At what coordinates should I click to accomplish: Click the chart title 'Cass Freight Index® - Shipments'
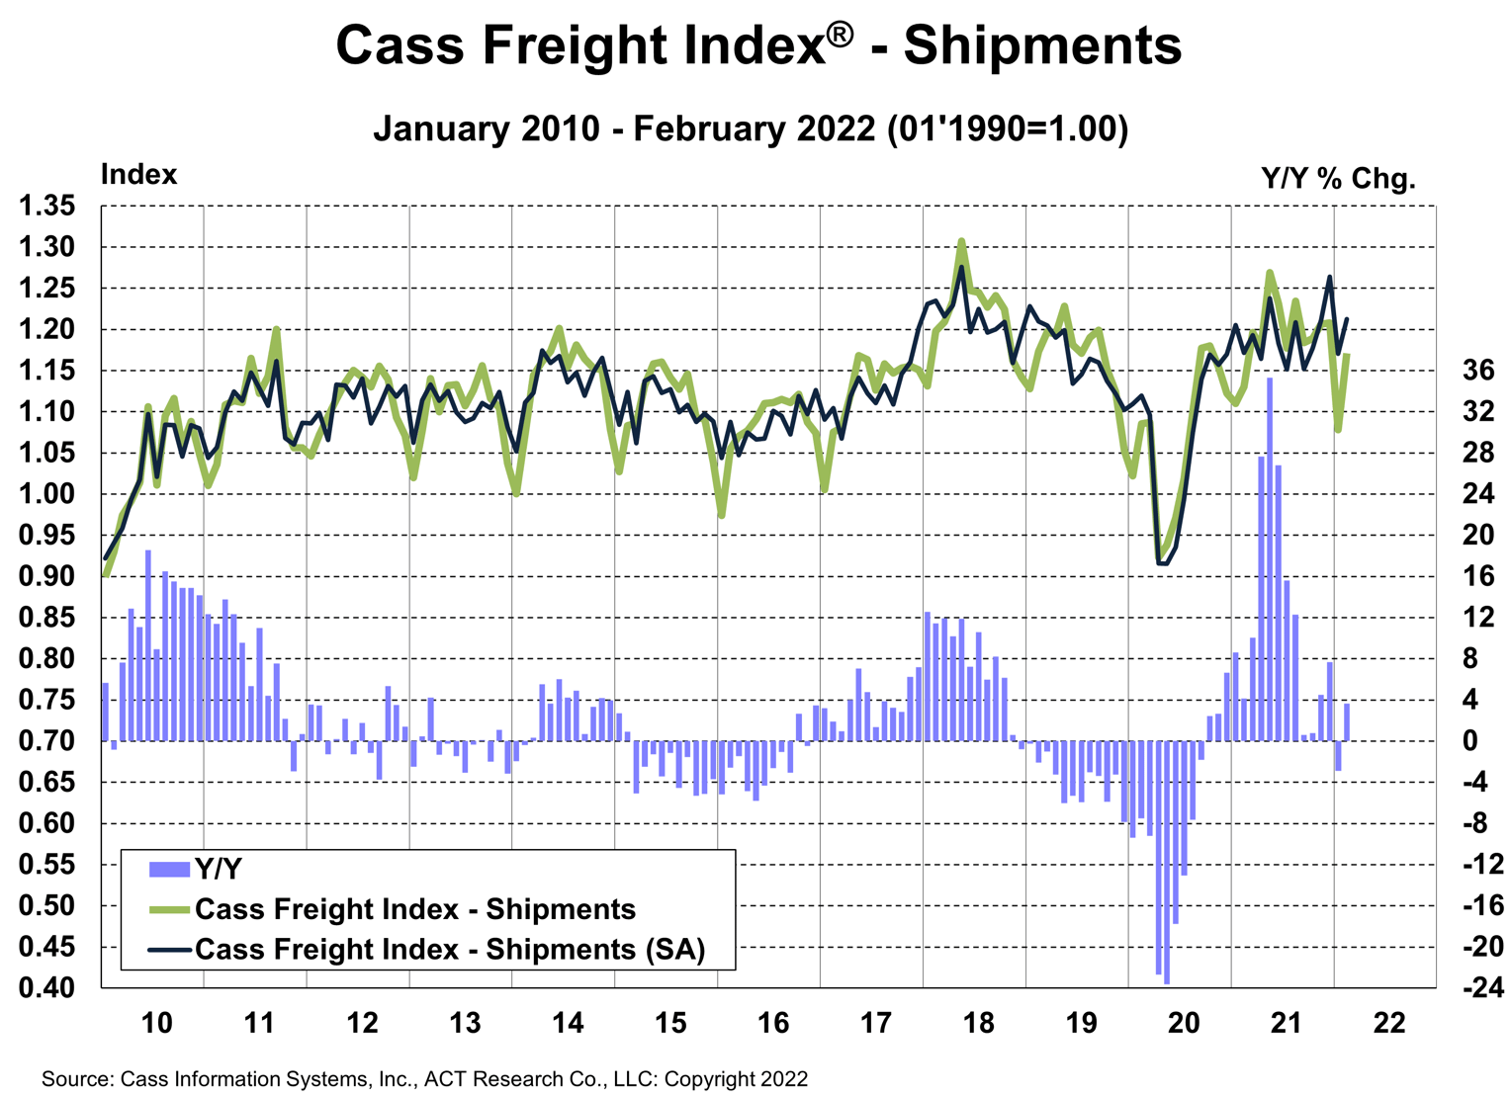pyautogui.click(x=757, y=45)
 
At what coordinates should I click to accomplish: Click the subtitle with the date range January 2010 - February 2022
pyautogui.click(x=751, y=129)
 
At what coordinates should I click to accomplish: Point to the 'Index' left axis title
pyautogui.click(x=138, y=175)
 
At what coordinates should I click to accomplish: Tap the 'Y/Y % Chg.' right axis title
pyautogui.click(x=1338, y=179)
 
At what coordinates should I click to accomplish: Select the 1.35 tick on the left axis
pyautogui.click(x=46, y=207)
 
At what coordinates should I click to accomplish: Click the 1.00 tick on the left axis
pyautogui.click(x=46, y=494)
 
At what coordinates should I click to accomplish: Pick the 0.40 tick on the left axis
pyautogui.click(x=46, y=987)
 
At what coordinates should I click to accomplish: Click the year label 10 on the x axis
pyautogui.click(x=156, y=1023)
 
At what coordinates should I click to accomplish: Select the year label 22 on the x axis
pyautogui.click(x=1388, y=1023)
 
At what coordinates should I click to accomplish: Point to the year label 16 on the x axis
pyautogui.click(x=772, y=1023)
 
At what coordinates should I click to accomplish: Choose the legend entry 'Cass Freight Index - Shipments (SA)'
pyautogui.click(x=450, y=949)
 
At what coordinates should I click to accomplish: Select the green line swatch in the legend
pyautogui.click(x=168, y=909)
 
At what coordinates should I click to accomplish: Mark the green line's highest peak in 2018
pyautogui.click(x=961, y=240)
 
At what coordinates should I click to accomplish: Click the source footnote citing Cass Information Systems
pyautogui.click(x=424, y=1079)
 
